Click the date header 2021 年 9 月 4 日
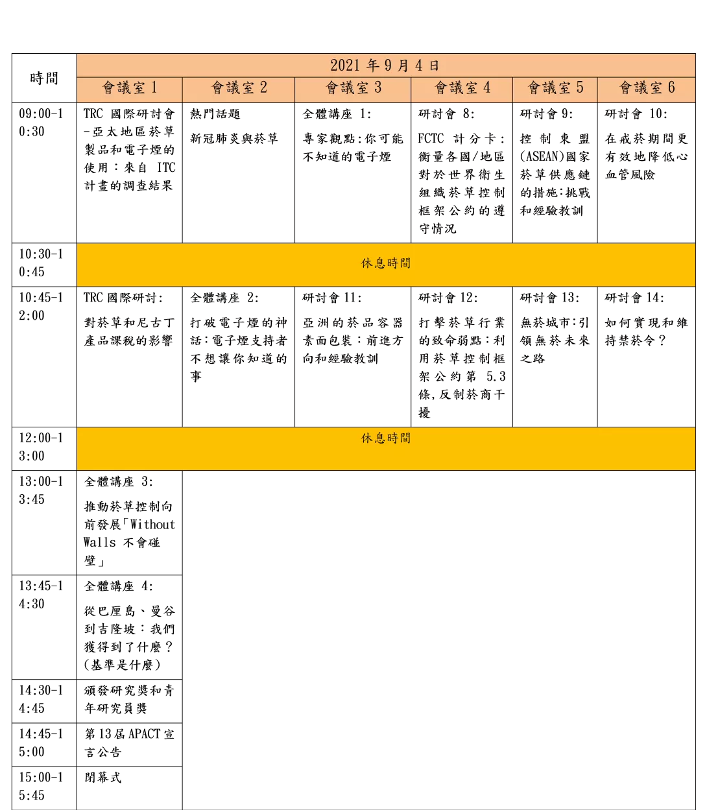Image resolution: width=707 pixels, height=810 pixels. tap(385, 66)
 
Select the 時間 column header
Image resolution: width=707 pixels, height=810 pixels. tap(44, 78)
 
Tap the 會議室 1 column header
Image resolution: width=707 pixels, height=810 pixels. tap(130, 88)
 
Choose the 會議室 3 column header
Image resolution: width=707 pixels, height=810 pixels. tap(353, 88)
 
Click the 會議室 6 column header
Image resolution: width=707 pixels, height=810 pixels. tap(647, 88)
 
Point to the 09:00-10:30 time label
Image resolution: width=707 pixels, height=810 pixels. tap(41, 123)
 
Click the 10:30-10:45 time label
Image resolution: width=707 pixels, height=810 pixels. tap(41, 263)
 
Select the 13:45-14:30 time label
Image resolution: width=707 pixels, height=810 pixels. tap(41, 595)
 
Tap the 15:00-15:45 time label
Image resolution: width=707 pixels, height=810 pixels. tap(41, 786)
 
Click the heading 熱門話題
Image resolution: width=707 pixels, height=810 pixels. tap(215, 114)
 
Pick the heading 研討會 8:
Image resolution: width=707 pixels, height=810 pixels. tap(446, 114)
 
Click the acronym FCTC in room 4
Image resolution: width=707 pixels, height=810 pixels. tap(431, 139)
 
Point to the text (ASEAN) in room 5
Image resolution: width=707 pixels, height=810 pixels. tap(542, 156)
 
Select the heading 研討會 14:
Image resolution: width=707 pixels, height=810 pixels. tap(634, 298)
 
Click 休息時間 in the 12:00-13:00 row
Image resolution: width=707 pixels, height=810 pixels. tap(386, 438)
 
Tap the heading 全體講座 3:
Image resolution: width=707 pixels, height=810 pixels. tap(118, 481)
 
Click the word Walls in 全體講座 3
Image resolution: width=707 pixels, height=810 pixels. tap(100, 542)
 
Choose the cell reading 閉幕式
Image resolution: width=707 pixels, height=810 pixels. tap(102, 778)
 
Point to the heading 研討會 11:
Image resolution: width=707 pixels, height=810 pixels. tap(331, 298)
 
